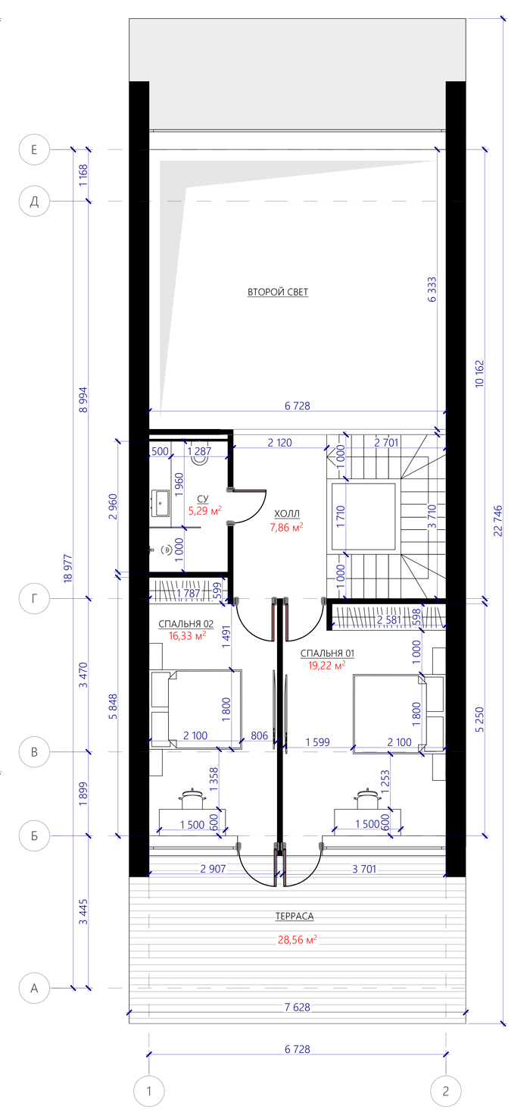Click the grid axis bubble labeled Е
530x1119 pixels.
coord(34,149)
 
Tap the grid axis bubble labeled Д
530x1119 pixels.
coord(34,202)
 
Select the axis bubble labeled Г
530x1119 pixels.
coord(34,598)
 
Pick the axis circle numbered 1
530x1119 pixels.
coord(148,1091)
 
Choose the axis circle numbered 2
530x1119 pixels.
coord(446,1091)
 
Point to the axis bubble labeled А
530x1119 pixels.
coord(34,988)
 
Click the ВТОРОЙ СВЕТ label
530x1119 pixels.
coord(278,292)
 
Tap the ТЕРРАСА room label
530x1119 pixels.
coord(295,916)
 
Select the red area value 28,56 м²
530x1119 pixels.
coord(298,939)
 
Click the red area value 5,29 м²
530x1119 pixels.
coord(204,510)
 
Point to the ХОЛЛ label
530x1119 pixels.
coord(287,513)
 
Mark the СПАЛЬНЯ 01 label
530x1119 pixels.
coord(327,653)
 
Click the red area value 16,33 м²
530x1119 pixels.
coord(187,636)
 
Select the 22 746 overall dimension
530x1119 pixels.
coord(498,521)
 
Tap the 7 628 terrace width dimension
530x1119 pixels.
coord(298,1007)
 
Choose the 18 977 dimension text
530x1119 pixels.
coord(68,568)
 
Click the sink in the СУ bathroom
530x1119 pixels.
coord(161,503)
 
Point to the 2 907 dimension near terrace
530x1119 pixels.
coord(213,869)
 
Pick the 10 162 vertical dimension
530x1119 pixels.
coord(479,374)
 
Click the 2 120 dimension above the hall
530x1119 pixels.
coord(280,443)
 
